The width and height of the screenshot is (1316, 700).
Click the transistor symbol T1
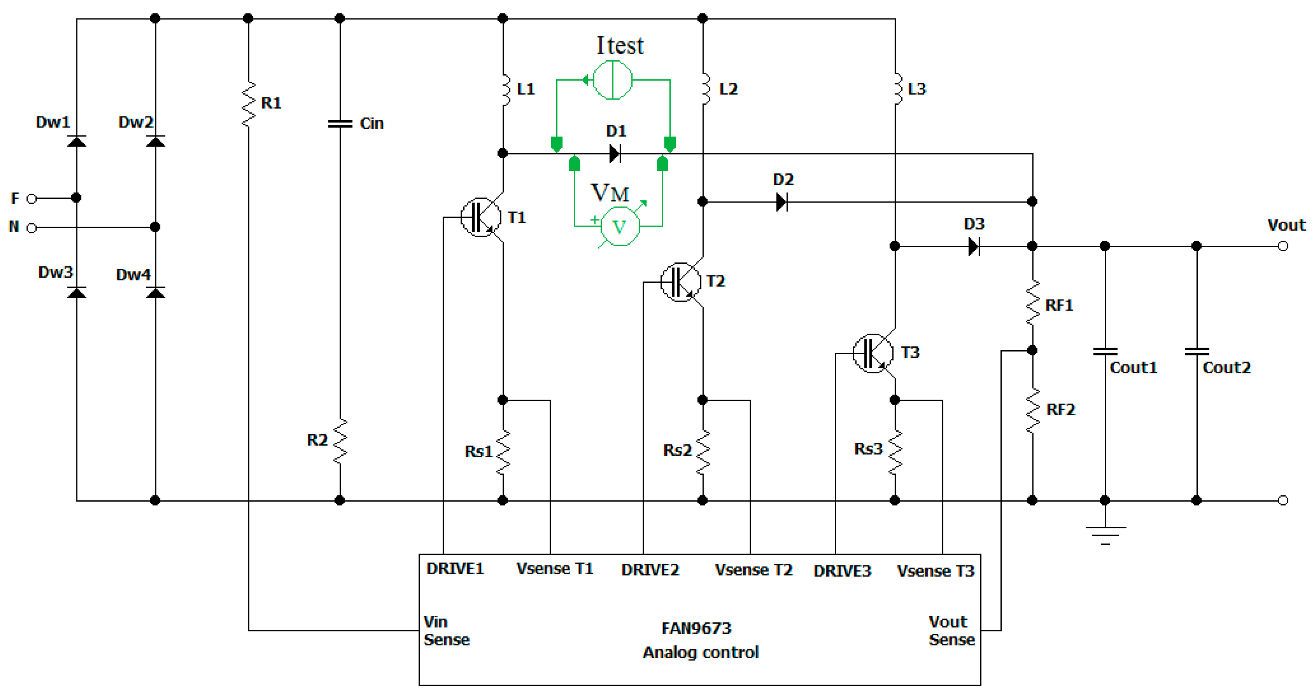coord(481,217)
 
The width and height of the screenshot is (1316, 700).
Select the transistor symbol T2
coord(680,282)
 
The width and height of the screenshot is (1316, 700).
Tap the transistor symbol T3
coord(873,353)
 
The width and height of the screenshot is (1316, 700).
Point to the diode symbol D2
coord(781,202)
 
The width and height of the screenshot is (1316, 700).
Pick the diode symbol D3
coord(974,246)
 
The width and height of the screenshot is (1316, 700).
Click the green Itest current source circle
coord(612,80)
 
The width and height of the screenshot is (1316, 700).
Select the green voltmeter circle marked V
coord(620,226)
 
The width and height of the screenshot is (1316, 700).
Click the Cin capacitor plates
coord(340,124)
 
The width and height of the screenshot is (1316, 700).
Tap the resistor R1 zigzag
coord(248,104)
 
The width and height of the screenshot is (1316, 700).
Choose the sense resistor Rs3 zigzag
coord(895,452)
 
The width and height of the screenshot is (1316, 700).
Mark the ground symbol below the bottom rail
coord(1105,534)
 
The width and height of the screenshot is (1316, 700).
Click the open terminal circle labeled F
coord(32,199)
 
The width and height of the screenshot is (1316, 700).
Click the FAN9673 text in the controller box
coord(696,628)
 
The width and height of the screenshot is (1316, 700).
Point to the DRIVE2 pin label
coord(650,570)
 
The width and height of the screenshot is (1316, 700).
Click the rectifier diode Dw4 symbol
coord(155,292)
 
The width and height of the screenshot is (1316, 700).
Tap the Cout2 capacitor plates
coord(1196,351)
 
